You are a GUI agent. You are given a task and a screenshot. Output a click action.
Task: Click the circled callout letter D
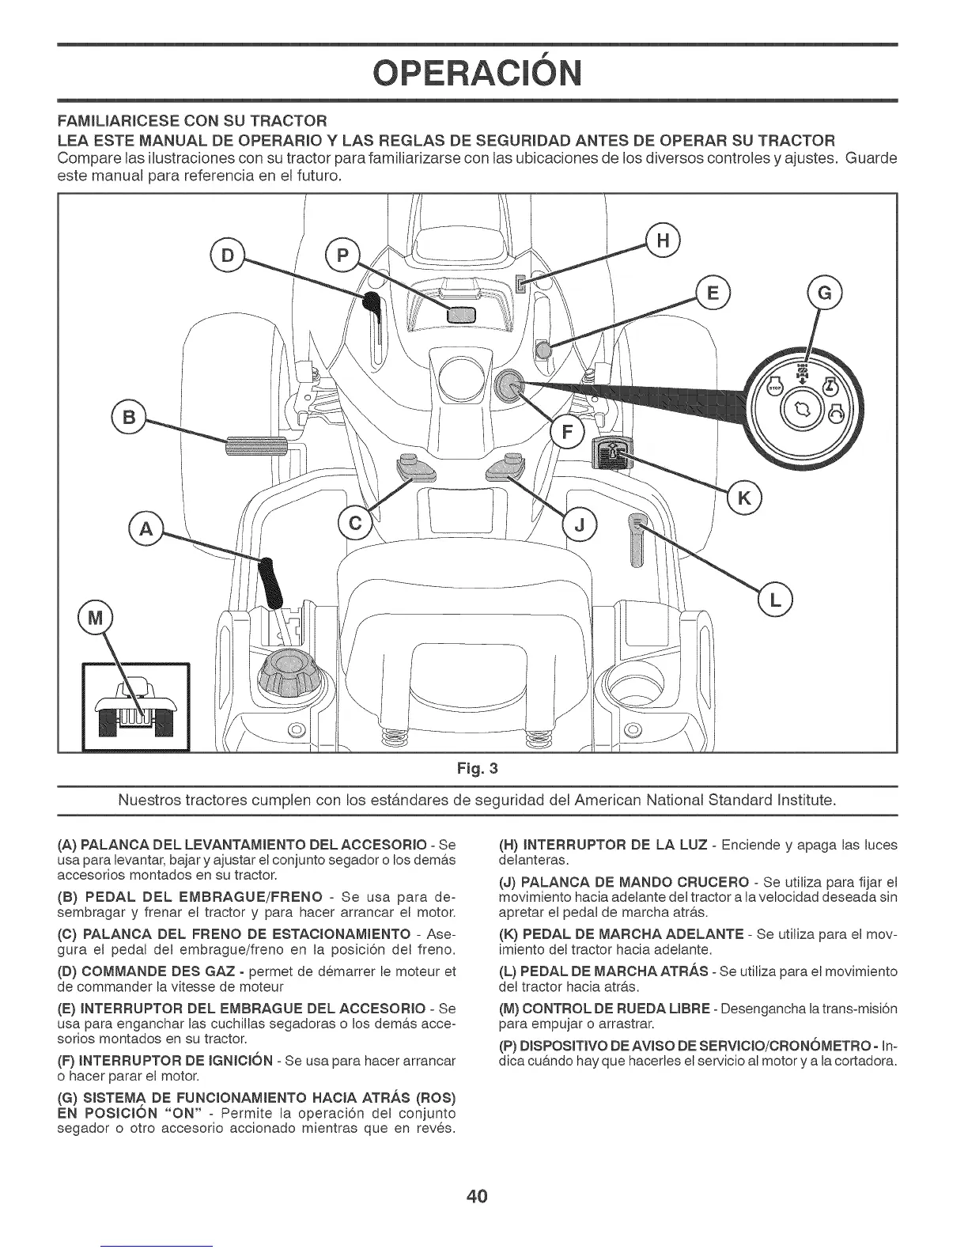click(227, 256)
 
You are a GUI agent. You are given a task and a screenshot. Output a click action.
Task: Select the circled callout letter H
click(663, 241)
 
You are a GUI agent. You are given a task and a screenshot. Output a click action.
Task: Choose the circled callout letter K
click(743, 497)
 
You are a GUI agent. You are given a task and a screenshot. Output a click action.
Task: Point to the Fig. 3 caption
click(483, 767)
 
